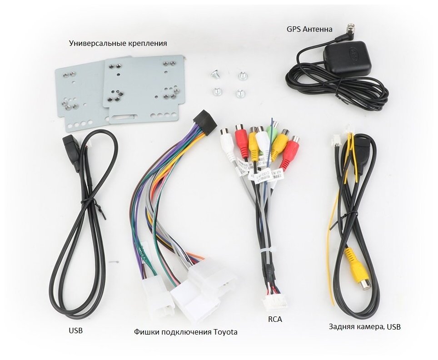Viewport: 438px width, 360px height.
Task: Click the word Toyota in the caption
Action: pos(225,332)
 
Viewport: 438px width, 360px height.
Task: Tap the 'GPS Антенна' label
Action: pos(309,30)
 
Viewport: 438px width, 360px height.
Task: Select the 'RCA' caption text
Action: pos(275,319)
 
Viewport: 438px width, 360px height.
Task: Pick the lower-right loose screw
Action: pos(239,94)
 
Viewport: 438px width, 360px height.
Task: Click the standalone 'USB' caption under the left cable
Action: pos(76,330)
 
